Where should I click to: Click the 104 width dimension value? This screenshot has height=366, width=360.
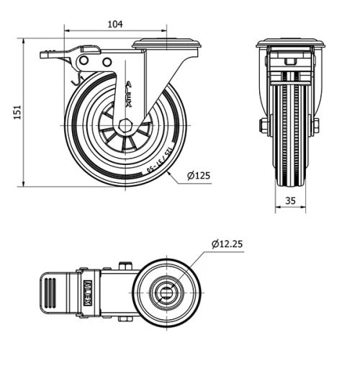point(114,24)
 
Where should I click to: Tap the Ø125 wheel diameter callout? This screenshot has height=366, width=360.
point(197,176)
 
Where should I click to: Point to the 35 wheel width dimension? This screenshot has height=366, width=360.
point(291,201)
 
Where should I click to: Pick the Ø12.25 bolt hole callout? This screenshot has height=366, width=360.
point(227,244)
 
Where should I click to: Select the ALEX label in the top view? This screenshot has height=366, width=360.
point(88,293)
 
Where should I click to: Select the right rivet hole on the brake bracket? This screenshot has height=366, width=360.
point(107,62)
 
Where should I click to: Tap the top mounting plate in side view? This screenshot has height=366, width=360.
point(166,45)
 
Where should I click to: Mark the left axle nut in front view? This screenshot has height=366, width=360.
point(263,126)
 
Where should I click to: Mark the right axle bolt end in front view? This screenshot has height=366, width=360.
point(316,126)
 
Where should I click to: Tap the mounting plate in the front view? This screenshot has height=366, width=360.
point(290,43)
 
